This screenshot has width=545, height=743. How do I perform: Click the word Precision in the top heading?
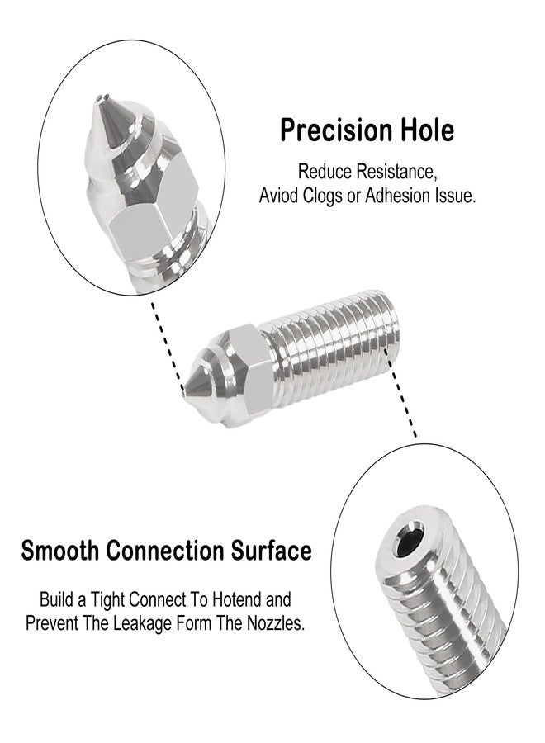pyautogui.click(x=336, y=130)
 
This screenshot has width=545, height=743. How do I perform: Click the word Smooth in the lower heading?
pyautogui.click(x=60, y=551)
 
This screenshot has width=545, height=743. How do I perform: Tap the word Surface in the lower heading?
pyautogui.click(x=271, y=551)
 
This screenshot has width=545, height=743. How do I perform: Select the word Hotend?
pyautogui.click(x=237, y=599)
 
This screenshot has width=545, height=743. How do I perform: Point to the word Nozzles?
pyautogui.click(x=275, y=623)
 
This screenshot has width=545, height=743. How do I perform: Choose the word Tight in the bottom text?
pyautogui.click(x=108, y=600)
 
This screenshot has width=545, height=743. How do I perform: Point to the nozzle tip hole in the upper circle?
pyautogui.click(x=100, y=98)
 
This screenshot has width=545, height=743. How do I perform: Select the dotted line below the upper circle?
pyautogui.click(x=167, y=344)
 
